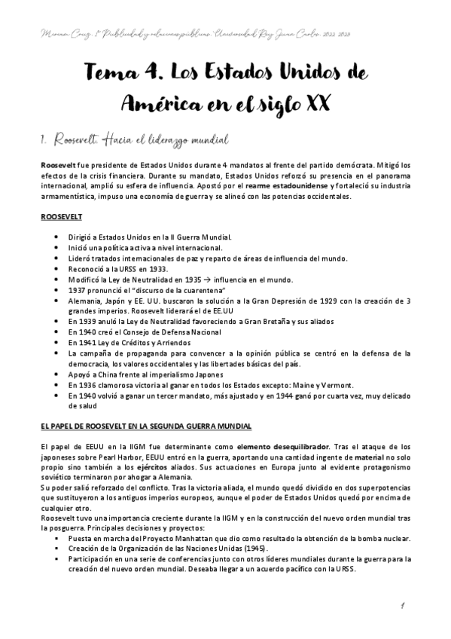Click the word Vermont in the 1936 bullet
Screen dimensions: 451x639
319,383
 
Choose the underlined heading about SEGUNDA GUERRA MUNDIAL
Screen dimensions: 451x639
146,427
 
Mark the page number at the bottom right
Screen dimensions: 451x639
405,604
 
